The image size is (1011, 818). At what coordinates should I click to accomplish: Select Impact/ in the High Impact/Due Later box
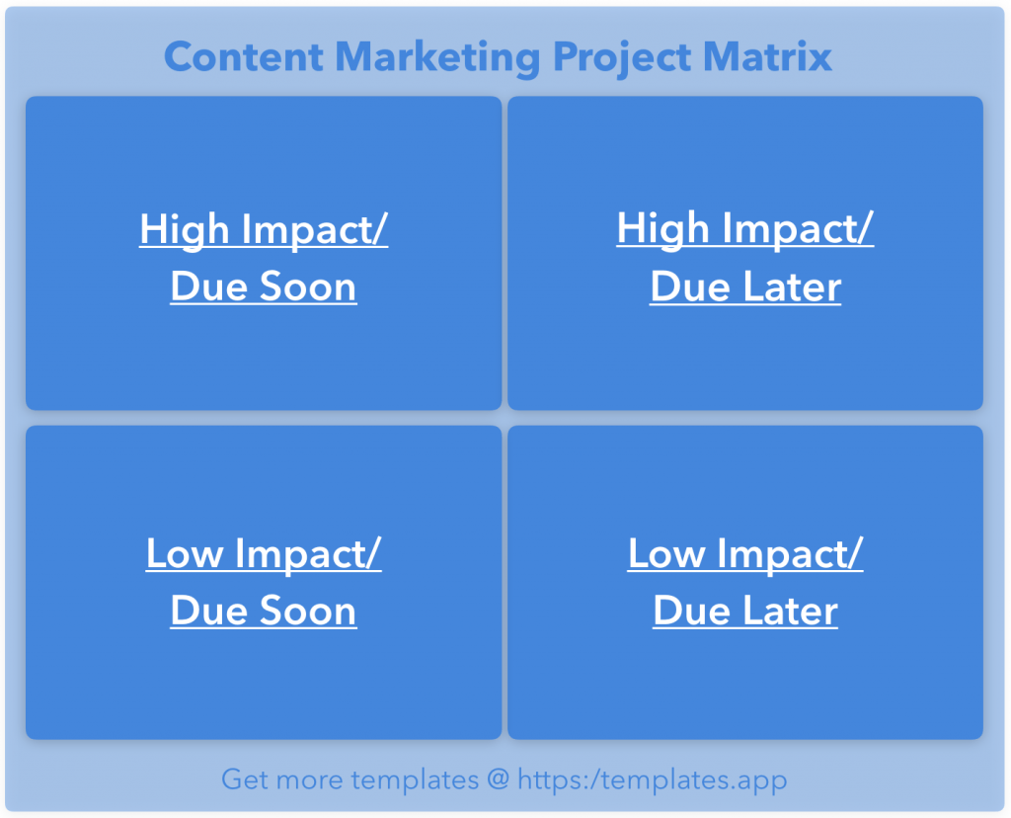click(798, 229)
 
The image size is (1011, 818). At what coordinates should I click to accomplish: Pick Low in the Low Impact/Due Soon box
click(182, 553)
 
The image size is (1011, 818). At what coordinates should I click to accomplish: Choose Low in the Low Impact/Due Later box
click(663, 553)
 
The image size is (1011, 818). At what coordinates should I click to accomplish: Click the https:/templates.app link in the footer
click(653, 779)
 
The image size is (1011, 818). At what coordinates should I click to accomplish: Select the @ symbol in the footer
click(498, 779)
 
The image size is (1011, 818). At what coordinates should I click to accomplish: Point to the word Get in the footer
click(243, 779)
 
